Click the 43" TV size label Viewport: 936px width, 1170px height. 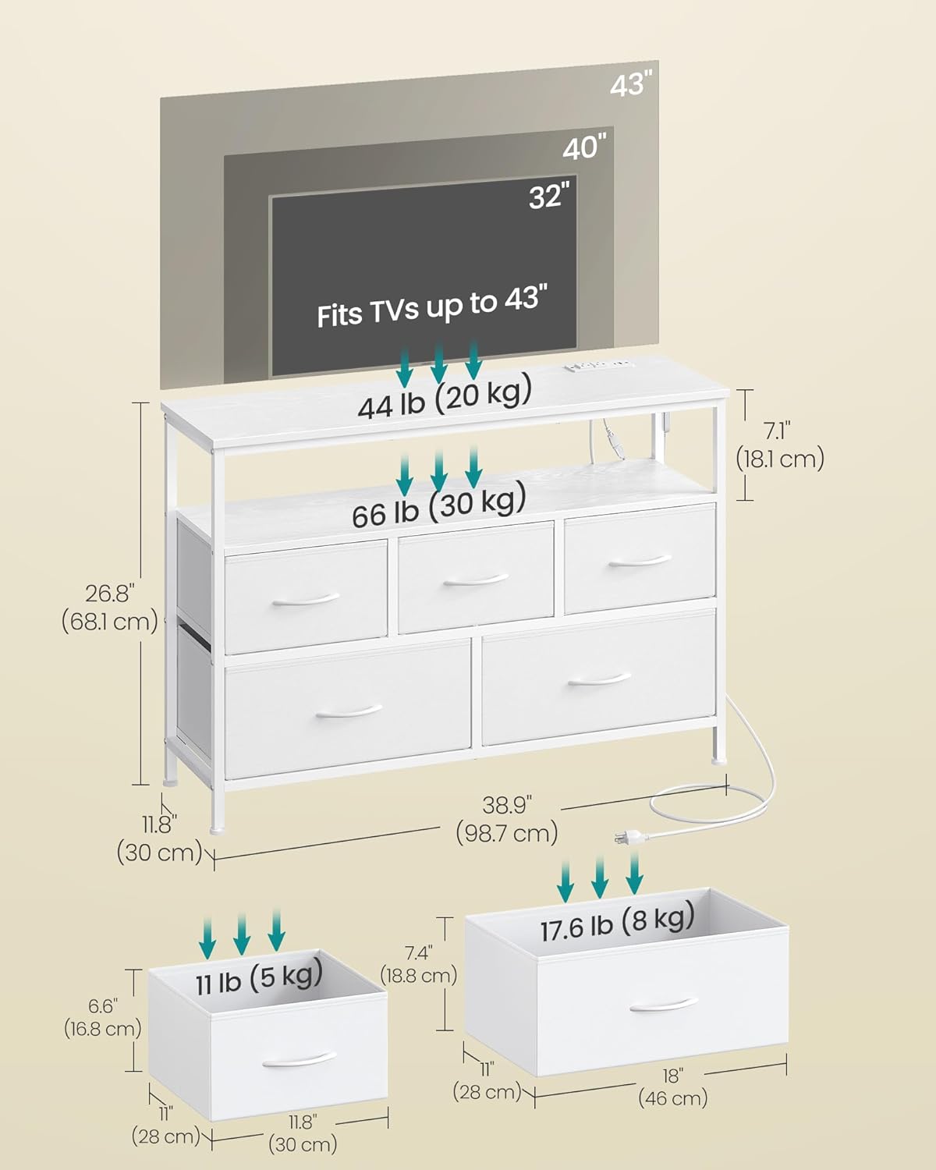point(630,83)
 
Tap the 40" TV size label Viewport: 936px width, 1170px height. point(584,147)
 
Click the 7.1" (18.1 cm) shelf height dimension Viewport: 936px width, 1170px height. point(780,445)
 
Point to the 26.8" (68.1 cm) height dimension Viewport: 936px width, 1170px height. point(109,608)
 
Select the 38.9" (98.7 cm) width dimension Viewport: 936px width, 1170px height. point(507,819)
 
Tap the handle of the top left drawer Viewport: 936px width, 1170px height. point(306,599)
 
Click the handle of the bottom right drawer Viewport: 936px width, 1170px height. point(599,680)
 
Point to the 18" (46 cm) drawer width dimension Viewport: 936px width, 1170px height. point(672,1087)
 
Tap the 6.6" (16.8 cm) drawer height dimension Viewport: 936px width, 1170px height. point(102,1017)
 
